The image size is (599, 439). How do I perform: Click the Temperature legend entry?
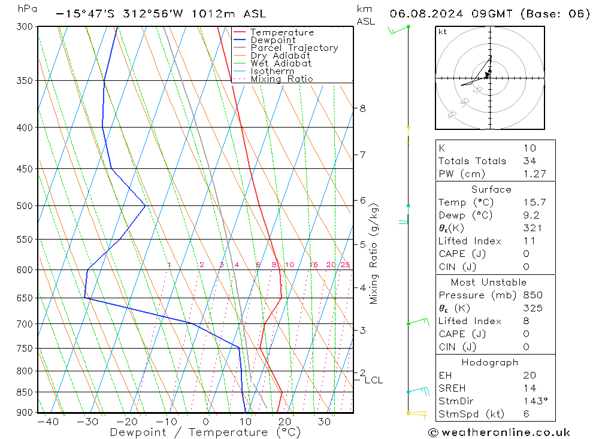(x=282, y=32)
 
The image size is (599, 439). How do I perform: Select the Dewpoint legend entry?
(x=273, y=40)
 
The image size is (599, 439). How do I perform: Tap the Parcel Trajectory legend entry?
(x=294, y=48)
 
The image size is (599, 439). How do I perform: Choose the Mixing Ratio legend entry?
(x=282, y=78)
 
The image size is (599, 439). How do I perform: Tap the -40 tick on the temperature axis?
(x=48, y=422)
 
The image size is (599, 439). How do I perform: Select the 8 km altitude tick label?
(x=362, y=108)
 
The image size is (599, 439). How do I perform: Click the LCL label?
(x=373, y=380)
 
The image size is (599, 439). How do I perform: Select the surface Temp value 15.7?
(x=534, y=202)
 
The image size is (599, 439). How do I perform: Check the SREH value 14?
(x=530, y=388)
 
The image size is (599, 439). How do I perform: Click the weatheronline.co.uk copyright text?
(x=499, y=432)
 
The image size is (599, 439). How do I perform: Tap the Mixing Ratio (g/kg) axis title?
(x=374, y=253)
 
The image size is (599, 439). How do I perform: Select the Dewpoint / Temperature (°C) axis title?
(x=205, y=432)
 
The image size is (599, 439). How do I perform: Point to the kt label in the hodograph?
(x=443, y=32)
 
